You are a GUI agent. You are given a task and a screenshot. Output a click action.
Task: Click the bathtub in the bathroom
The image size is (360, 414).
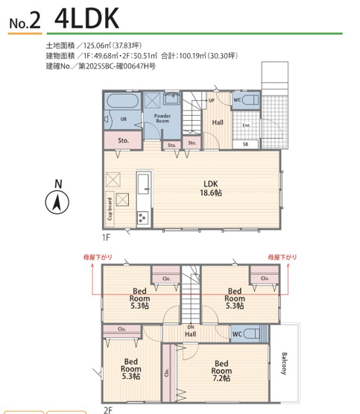(121, 101)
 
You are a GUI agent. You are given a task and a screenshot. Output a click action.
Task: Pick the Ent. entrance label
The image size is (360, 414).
(246, 125)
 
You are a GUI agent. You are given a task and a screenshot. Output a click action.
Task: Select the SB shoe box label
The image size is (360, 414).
(245, 143)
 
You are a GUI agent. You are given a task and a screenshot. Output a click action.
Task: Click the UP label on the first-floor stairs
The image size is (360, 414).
(212, 100)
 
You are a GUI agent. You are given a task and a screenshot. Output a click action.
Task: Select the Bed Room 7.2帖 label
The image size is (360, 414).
(221, 368)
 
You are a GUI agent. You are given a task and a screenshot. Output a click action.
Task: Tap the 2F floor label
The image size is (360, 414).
(107, 409)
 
